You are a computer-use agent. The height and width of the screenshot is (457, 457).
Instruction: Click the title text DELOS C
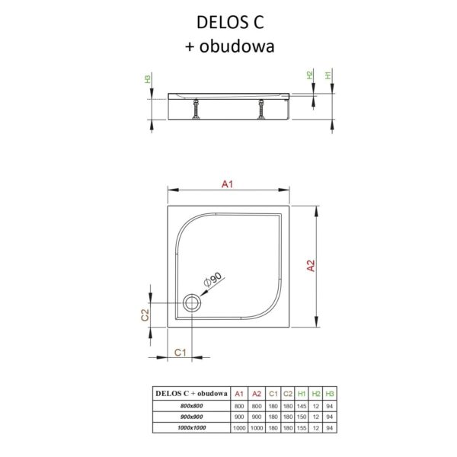point(230,22)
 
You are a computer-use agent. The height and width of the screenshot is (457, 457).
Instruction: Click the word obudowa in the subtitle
point(237,46)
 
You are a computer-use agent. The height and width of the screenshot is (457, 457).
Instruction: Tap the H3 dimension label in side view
point(148,78)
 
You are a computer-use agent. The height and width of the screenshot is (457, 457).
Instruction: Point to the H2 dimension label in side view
point(310,75)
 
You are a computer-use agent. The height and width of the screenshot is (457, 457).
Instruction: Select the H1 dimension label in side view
point(328,75)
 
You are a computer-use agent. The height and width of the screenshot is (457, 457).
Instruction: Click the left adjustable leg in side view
point(197,108)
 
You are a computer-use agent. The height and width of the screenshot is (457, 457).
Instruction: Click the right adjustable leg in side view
point(261,109)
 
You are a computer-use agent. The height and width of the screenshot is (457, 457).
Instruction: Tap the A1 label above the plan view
point(227,184)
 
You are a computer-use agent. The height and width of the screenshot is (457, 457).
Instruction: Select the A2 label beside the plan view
point(312,266)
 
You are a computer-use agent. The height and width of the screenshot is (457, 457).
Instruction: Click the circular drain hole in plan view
point(192,303)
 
